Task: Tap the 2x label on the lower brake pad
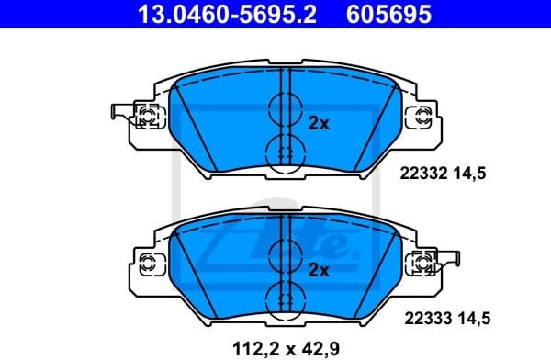[x=319, y=269]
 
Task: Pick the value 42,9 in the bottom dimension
[x=317, y=348]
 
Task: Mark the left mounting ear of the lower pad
[x=148, y=264]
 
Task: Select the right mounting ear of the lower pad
[x=423, y=264]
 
